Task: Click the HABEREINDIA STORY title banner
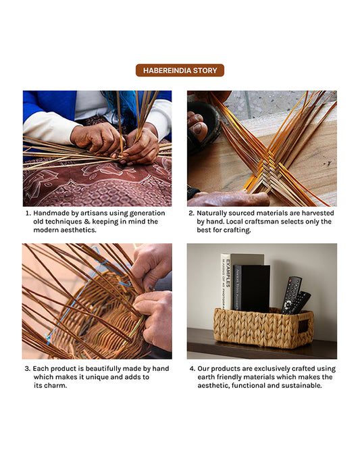(180, 70)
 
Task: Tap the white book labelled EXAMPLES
(226, 280)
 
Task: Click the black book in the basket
(255, 288)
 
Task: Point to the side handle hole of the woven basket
(303, 326)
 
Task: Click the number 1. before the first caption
(28, 213)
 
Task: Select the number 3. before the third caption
(28, 369)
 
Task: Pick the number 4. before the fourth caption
(192, 369)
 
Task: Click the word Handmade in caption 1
(53, 213)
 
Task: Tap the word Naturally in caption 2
(215, 213)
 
